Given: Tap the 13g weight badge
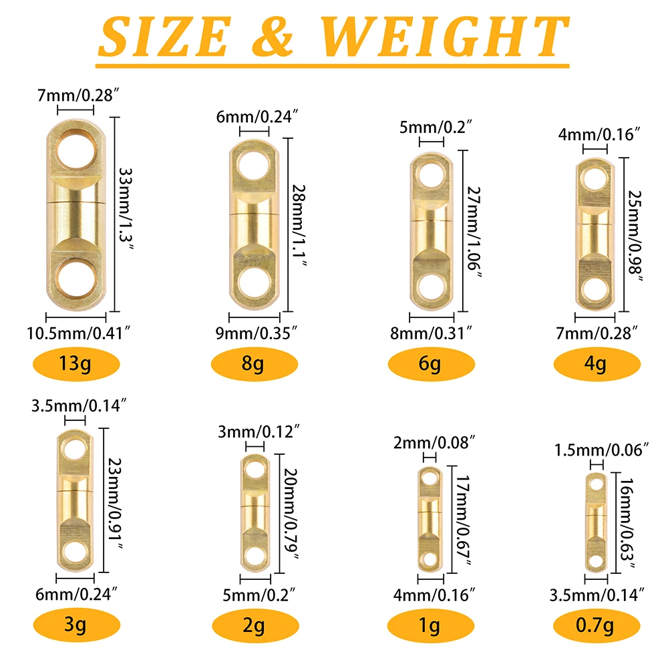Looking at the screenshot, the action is (76, 364).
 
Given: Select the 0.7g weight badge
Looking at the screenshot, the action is (597, 625).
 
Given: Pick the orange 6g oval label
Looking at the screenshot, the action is (431, 364).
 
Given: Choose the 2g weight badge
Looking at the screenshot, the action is (255, 625).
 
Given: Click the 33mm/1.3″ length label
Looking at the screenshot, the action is (126, 209).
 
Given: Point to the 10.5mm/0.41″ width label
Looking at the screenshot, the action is (78, 333).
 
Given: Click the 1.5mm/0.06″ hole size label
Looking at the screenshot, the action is (601, 450).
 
